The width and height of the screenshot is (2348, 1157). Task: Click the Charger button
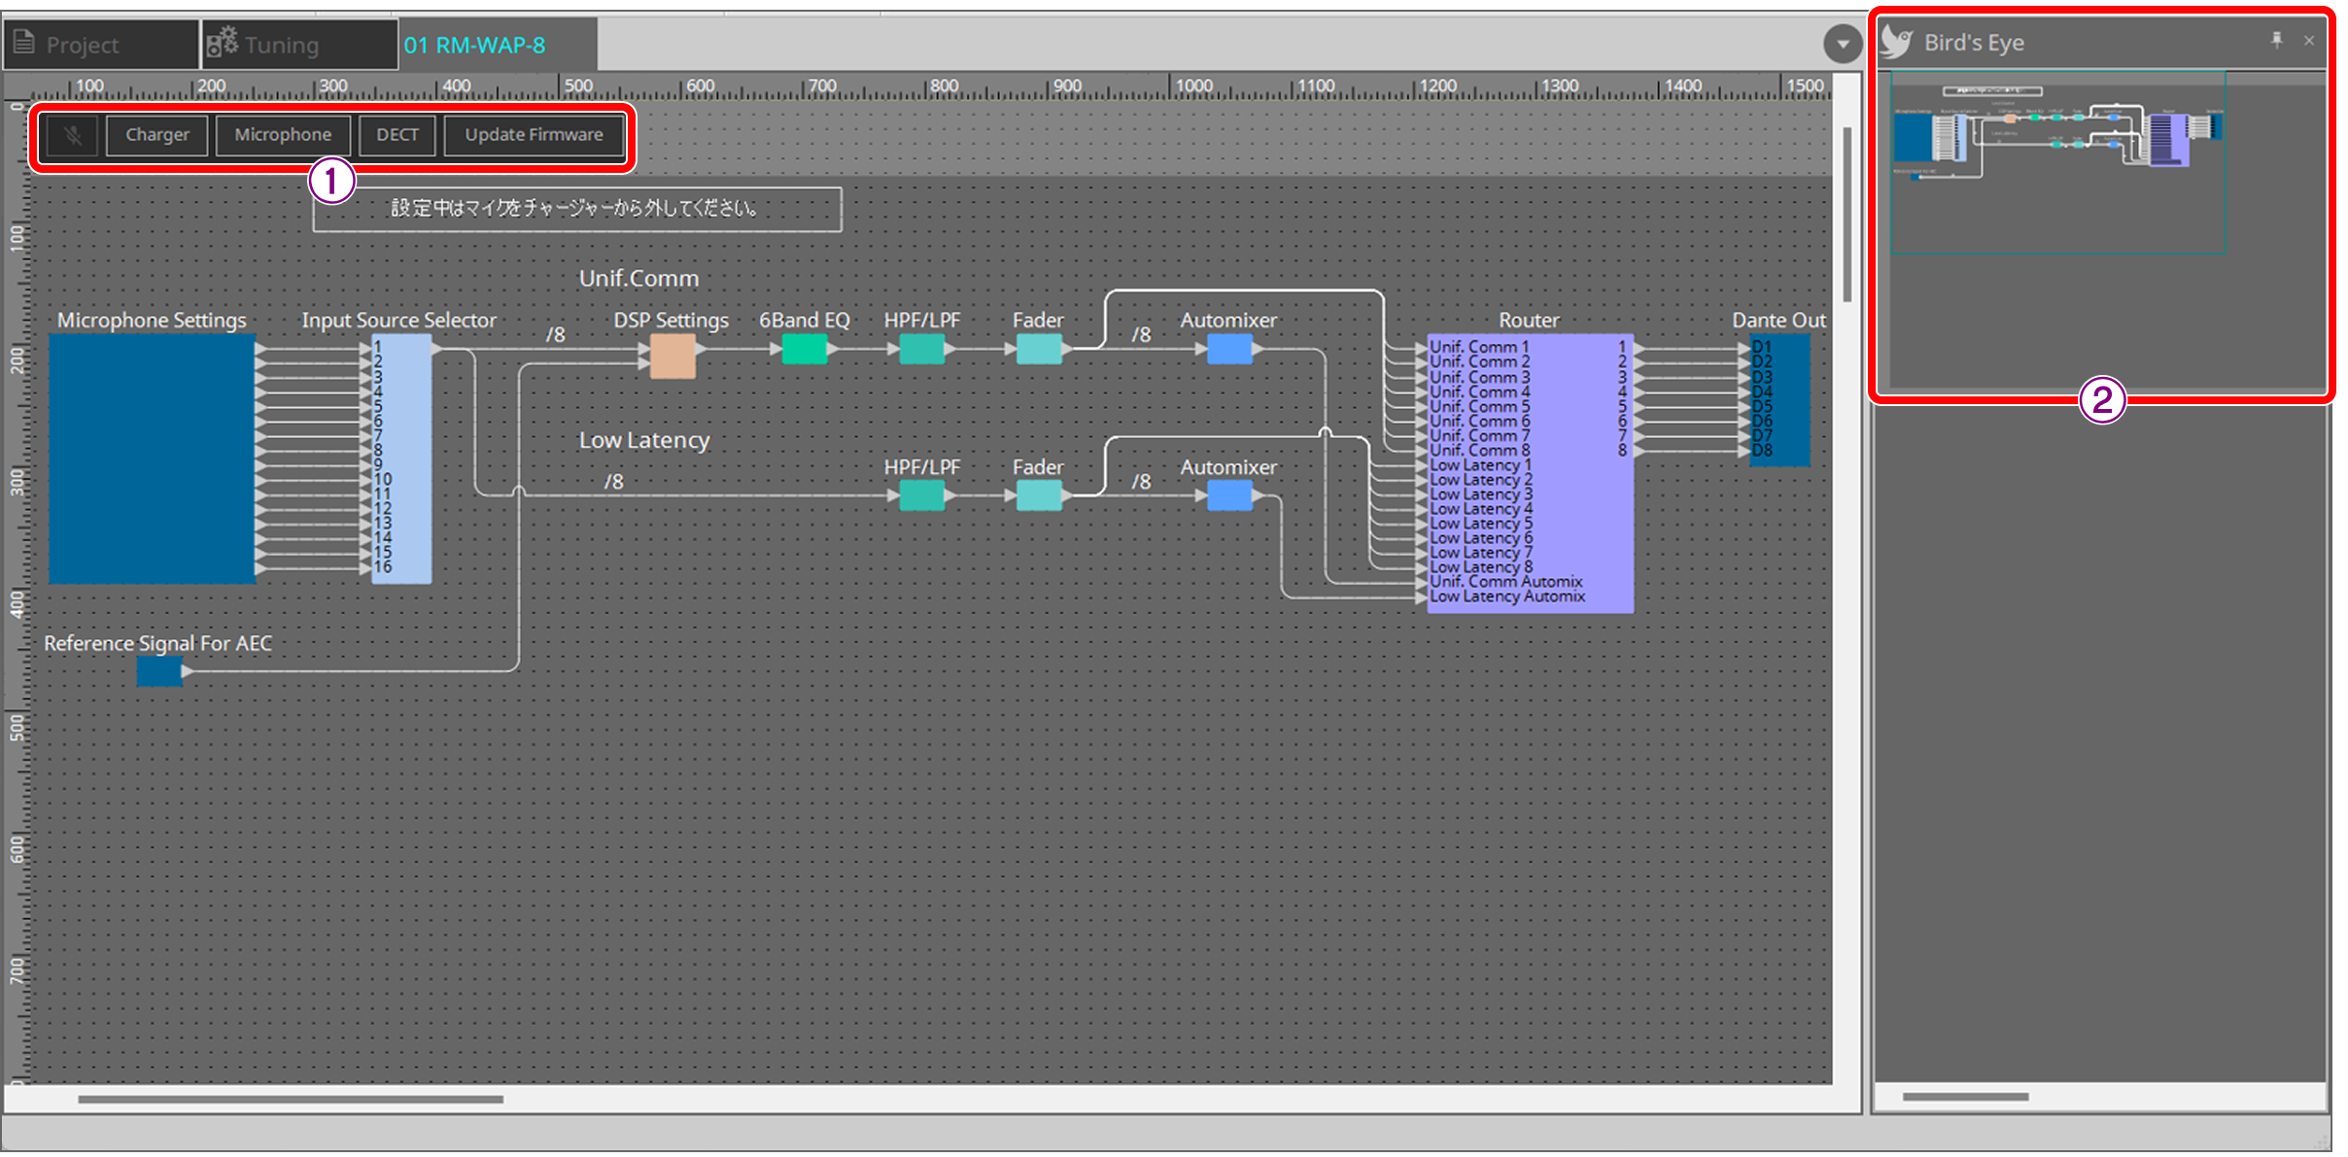pos(156,135)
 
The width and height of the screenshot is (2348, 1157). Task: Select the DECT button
pos(397,135)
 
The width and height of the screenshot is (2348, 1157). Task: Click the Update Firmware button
pos(534,135)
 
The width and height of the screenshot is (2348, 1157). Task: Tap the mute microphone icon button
pos(73,135)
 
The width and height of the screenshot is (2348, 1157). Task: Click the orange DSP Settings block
pos(673,356)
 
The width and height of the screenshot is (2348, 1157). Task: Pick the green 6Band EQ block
pos(805,349)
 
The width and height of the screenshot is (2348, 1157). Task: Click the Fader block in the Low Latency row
pos(1038,495)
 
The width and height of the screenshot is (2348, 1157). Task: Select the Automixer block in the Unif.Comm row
pos(1229,349)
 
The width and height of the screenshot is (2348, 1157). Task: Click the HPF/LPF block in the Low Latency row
pos(921,495)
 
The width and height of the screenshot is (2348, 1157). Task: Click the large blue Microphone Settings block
pos(153,459)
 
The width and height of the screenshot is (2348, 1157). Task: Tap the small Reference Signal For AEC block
pos(159,671)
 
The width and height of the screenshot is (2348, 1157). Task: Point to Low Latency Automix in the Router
pos(1507,596)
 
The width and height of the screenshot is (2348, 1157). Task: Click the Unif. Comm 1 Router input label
pos(1479,347)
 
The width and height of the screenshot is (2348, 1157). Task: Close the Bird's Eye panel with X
pos(2309,41)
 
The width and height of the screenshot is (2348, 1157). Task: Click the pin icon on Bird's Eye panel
pos(2276,41)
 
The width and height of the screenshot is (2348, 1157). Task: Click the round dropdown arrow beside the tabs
pos(1842,45)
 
